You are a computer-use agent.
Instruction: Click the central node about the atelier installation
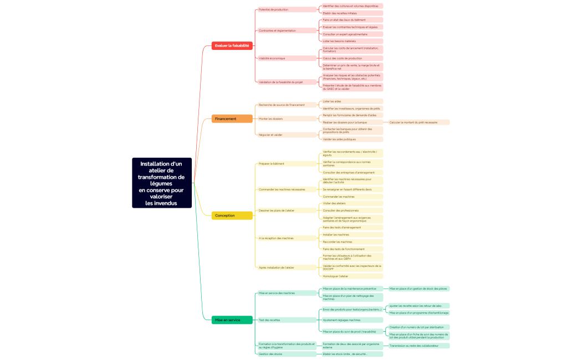point(162,183)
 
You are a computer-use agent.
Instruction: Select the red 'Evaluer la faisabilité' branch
point(232,45)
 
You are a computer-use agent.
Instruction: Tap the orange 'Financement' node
point(232,119)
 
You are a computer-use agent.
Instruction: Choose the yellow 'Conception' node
point(232,215)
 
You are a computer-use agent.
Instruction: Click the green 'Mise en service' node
point(232,320)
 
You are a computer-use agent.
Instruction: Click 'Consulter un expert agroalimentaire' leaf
point(352,34)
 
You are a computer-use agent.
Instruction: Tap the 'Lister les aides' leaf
point(352,101)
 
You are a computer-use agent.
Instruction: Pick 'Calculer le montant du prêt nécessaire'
point(419,122)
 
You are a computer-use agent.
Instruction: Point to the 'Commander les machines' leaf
point(352,197)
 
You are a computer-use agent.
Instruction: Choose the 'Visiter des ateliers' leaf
point(352,203)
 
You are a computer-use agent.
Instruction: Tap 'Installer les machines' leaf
point(352,235)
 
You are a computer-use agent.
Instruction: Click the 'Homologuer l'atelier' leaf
point(352,276)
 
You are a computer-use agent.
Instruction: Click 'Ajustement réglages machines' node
point(352,320)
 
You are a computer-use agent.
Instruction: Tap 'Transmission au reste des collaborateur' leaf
point(419,346)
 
